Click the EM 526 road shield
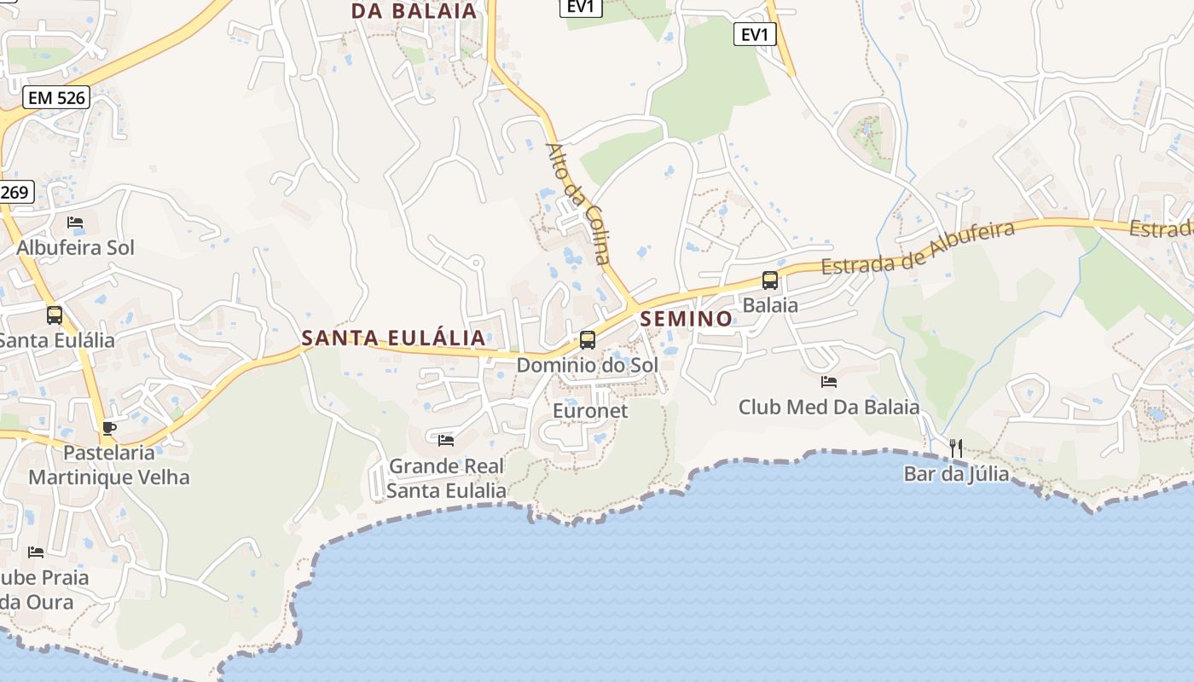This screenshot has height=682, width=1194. [56, 97]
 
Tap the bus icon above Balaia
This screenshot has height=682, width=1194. [769, 280]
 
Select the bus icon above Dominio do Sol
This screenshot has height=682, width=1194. [588, 340]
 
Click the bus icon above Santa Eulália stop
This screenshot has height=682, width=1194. [55, 315]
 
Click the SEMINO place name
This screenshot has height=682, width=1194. [686, 319]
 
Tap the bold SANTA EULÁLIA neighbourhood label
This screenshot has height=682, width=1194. [394, 338]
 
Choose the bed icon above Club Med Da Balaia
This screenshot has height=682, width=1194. [828, 382]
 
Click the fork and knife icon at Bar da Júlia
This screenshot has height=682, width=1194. [956, 448]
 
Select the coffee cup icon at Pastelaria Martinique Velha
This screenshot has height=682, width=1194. [108, 428]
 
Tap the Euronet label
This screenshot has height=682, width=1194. [590, 411]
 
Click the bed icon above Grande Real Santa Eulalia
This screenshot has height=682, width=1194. [445, 441]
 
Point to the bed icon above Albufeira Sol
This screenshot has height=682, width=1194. [75, 223]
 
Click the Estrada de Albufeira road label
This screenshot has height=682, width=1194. [918, 247]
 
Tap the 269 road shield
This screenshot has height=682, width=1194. [14, 192]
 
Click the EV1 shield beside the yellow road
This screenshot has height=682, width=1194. [755, 34]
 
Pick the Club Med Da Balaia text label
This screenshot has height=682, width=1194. [829, 407]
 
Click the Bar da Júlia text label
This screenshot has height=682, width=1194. [956, 474]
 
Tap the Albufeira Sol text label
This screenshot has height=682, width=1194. [76, 248]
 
